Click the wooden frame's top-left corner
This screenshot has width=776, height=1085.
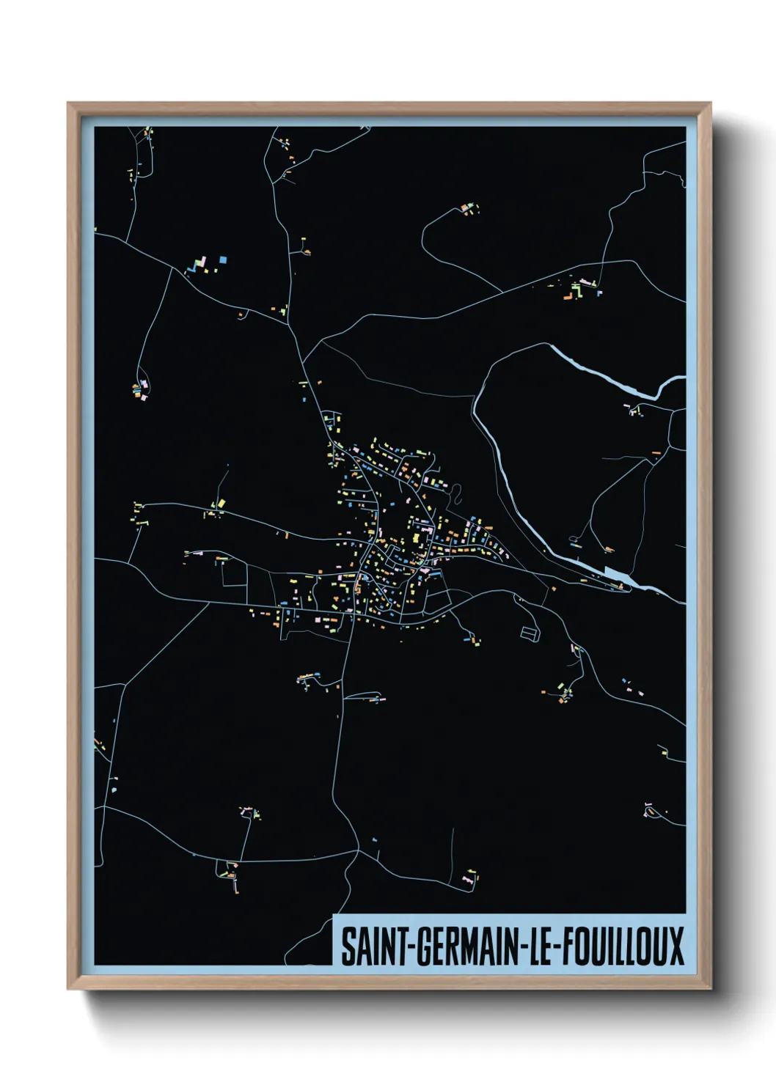point(69,104)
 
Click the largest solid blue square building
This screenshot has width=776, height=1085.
point(223,260)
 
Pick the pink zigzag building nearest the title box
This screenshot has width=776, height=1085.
point(468,878)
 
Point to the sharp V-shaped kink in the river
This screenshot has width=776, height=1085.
point(659,394)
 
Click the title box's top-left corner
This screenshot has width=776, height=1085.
point(334,915)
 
